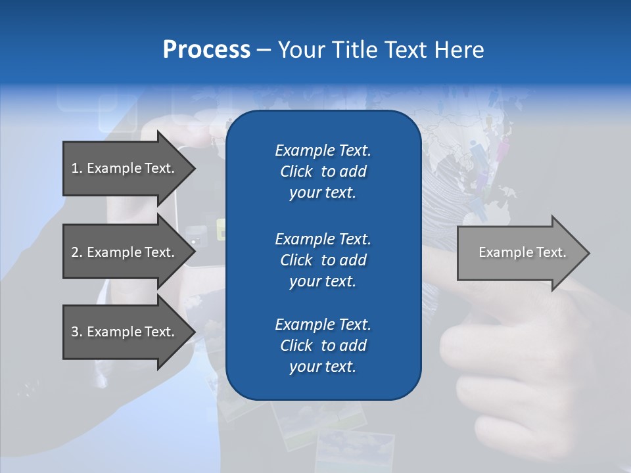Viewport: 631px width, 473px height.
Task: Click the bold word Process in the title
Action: (206, 50)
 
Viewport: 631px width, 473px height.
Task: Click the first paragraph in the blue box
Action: (323, 171)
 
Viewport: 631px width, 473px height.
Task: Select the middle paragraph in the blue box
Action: (323, 259)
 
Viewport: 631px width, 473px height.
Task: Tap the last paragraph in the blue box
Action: (323, 346)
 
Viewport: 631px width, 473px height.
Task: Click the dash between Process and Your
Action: (264, 50)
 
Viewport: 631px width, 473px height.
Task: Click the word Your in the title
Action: (302, 50)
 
